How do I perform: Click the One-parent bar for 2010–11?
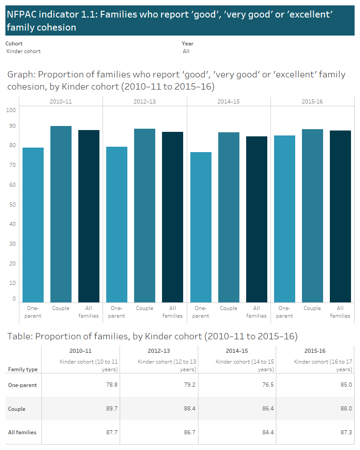[x=33, y=225]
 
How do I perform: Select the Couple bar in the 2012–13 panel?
[x=144, y=216]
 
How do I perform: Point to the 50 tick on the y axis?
[x=13, y=205]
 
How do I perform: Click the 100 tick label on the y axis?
[x=11, y=110]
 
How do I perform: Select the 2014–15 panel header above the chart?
[x=229, y=102]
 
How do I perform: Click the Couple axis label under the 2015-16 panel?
[x=312, y=308]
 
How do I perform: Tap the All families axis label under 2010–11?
[x=89, y=312]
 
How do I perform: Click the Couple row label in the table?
[x=17, y=409]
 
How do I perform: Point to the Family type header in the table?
[x=23, y=369]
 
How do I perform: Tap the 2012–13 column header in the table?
[x=159, y=351]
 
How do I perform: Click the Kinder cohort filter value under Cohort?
[x=23, y=51]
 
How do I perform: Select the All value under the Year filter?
[x=186, y=51]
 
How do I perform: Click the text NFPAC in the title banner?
[x=22, y=14]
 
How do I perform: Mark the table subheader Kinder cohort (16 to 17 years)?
[x=323, y=365]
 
